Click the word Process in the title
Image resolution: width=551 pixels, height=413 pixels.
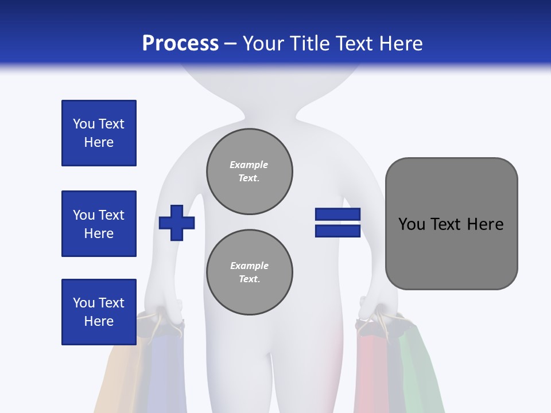tap(180, 44)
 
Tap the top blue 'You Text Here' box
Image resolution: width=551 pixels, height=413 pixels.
tap(99, 133)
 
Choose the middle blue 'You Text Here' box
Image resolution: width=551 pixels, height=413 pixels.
tap(99, 224)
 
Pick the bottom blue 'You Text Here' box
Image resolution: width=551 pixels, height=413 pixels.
tap(99, 312)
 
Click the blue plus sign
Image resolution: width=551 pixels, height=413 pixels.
tap(177, 223)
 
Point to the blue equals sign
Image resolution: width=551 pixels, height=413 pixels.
tap(337, 223)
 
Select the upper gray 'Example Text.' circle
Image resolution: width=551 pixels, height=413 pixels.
tap(250, 172)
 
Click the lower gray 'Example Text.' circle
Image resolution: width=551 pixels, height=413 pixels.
tap(250, 272)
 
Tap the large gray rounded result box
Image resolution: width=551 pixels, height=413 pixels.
tap(451, 224)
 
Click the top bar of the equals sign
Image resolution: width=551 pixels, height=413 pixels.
tap(337, 215)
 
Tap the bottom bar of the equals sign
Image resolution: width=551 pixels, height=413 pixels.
tap(337, 231)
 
